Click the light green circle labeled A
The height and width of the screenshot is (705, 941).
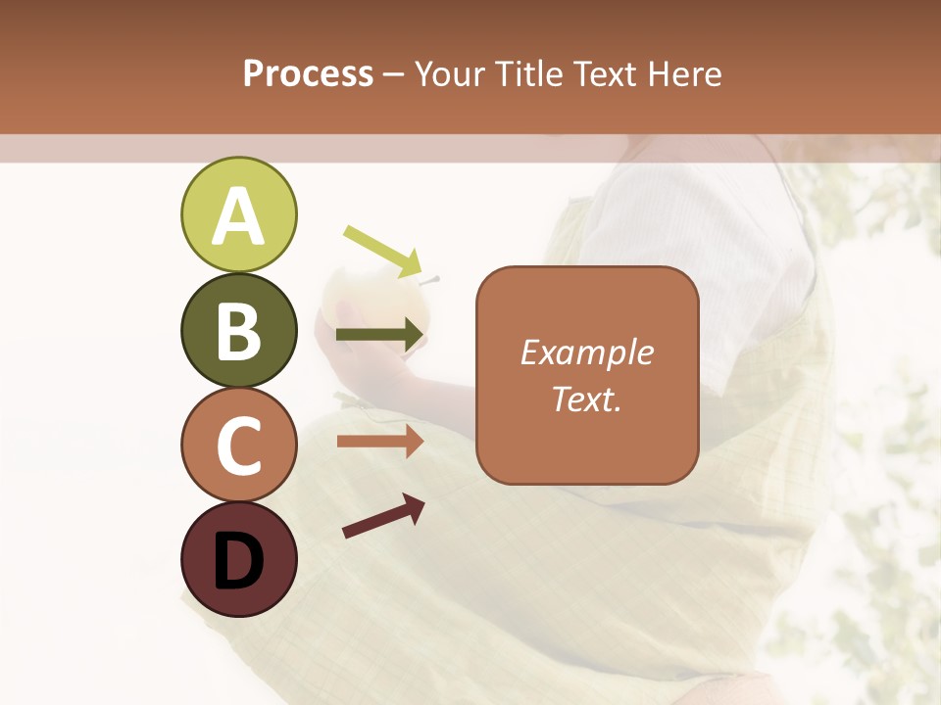tap(238, 214)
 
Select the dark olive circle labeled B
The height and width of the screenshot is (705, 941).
tap(238, 330)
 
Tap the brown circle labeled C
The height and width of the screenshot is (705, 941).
tap(238, 445)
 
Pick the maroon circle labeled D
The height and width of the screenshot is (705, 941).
tap(238, 559)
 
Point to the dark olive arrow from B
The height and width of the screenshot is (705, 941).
tap(380, 336)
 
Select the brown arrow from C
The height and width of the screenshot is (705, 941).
tap(380, 442)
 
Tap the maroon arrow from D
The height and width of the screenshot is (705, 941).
tap(383, 516)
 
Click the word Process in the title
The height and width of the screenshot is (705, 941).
tap(308, 73)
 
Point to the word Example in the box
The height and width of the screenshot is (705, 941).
tap(586, 352)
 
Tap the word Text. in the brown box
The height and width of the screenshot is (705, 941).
tap(586, 399)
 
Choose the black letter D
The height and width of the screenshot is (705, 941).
tap(238, 562)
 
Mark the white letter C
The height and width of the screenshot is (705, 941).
tap(238, 446)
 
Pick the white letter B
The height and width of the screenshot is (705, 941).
tap(238, 332)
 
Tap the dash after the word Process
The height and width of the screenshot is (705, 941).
tap(394, 75)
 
